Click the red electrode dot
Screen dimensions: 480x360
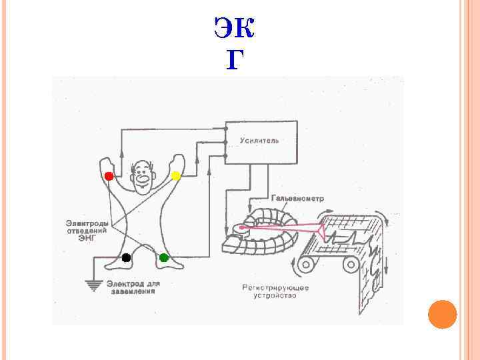109,176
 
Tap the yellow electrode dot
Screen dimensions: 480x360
176,176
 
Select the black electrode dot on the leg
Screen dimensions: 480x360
125,257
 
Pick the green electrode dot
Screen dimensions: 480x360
164,257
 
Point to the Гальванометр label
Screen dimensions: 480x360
298,198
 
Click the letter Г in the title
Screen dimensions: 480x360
235,61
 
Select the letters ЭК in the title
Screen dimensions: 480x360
235,28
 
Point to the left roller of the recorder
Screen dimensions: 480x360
308,266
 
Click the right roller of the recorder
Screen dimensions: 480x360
351,266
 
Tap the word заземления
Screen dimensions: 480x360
131,291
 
